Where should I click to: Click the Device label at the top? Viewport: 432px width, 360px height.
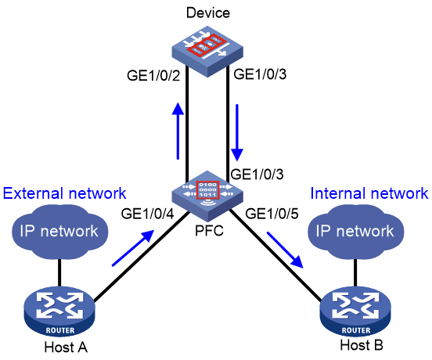coord(208,13)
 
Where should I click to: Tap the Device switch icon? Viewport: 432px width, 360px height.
coord(207,52)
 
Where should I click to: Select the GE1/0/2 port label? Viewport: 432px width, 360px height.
coord(153,75)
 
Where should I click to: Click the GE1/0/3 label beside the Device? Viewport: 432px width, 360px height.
coord(260,74)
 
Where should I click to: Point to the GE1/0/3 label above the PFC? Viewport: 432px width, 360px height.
coord(257,174)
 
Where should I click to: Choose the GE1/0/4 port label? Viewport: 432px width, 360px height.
coord(148,214)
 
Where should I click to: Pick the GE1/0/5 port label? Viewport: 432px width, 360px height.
coord(272,214)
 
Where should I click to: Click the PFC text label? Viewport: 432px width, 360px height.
coord(209,231)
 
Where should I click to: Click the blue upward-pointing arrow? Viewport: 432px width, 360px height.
coord(178,131)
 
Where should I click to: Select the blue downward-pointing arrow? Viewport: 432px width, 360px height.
coord(237,132)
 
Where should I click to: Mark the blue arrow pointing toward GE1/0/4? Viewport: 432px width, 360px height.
coord(133,248)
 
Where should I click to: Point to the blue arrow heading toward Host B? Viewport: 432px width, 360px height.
coord(285,250)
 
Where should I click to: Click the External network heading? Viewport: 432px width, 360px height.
coord(64,193)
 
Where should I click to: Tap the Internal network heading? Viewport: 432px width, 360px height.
coord(369,193)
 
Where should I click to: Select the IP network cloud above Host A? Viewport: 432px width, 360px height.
coord(59,232)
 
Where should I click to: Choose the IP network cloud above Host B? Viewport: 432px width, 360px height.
coord(355,232)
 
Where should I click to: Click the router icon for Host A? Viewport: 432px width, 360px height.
coord(59,311)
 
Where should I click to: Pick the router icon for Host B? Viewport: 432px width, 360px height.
coord(355,311)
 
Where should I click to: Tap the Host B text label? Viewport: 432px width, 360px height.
coord(362,345)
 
